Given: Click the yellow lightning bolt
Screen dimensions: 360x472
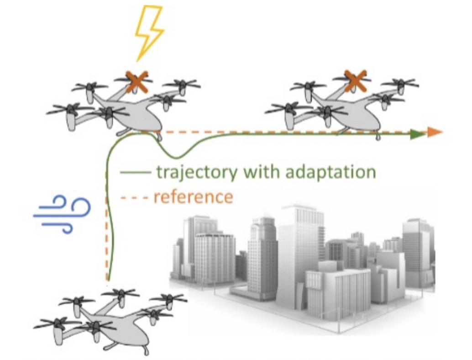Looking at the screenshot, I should pos(149,32).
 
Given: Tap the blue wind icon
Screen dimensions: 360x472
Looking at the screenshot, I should pos(63,214).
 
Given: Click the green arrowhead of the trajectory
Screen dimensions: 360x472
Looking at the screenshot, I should pos(417,134).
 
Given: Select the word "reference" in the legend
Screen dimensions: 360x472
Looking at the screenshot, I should pos(193,197).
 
